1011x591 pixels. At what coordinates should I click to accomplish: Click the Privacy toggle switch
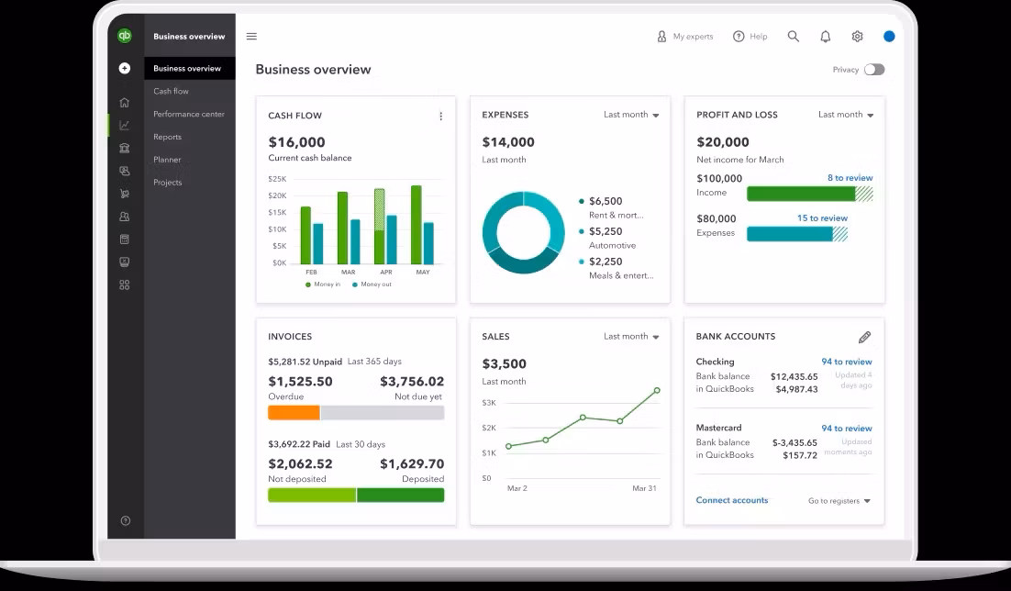[874, 70]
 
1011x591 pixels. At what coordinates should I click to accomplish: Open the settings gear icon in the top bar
[857, 37]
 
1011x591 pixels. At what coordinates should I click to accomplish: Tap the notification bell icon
[826, 37]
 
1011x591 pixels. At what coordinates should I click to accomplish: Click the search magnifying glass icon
[794, 37]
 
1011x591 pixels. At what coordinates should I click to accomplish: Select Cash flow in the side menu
[171, 91]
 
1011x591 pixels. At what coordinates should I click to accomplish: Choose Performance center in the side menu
[189, 114]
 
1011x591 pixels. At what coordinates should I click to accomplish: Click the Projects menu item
[168, 183]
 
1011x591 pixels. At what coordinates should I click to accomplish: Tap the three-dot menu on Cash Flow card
[441, 117]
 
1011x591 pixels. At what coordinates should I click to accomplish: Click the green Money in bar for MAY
[417, 225]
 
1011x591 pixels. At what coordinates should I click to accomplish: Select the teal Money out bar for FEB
[317, 243]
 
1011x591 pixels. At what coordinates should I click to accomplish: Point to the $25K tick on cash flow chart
[277, 179]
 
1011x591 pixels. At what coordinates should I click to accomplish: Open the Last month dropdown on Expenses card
[631, 115]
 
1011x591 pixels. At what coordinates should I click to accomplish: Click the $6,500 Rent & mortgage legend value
[605, 201]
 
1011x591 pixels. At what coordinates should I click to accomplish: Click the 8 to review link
[850, 178]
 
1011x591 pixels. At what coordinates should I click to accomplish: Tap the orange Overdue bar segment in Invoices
[294, 413]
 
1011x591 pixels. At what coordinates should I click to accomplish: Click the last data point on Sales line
[657, 390]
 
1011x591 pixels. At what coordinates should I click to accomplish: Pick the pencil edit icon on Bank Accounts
[864, 337]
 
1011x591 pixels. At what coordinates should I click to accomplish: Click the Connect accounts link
[732, 500]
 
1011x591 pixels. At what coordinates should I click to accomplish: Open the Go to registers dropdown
[839, 501]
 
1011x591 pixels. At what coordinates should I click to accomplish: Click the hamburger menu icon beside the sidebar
[251, 37]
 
